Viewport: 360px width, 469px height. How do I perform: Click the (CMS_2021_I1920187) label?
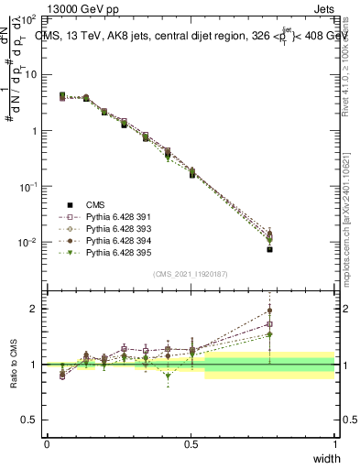[x=191, y=274]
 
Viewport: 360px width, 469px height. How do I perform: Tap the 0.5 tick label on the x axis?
[x=191, y=444]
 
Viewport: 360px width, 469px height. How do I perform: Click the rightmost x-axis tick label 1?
[x=334, y=444]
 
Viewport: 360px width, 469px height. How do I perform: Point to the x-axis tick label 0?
[x=47, y=444]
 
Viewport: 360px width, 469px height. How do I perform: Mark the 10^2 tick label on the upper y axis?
[x=28, y=19]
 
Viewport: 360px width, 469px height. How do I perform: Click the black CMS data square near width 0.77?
[x=269, y=249]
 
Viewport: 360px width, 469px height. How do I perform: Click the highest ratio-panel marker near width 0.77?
[x=269, y=310]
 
